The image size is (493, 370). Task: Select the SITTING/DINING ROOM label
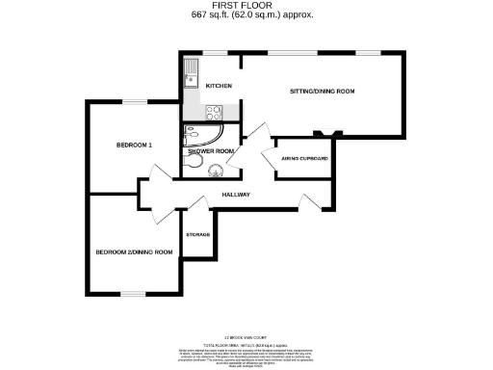pyautogui.click(x=322, y=91)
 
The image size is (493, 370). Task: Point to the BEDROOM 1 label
pyautogui.click(x=134, y=145)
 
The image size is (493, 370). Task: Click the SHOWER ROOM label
pyautogui.click(x=211, y=151)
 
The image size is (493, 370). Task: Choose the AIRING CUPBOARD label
pyautogui.click(x=304, y=157)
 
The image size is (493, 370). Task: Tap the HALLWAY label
pyautogui.click(x=236, y=195)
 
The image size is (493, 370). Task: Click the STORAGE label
pyautogui.click(x=198, y=234)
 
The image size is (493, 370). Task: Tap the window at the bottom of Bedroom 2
pyautogui.click(x=133, y=293)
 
